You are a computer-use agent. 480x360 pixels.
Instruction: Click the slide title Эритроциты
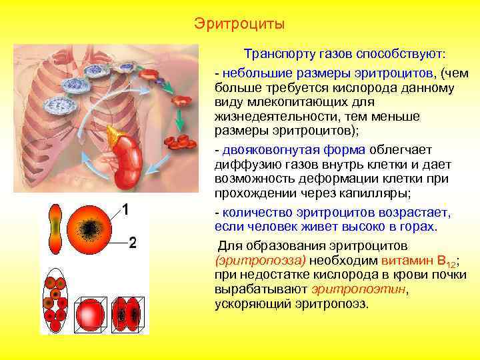click(239, 25)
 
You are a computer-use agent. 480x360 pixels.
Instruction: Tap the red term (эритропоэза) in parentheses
click(259, 259)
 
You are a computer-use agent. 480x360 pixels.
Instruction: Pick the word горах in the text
click(418, 227)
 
